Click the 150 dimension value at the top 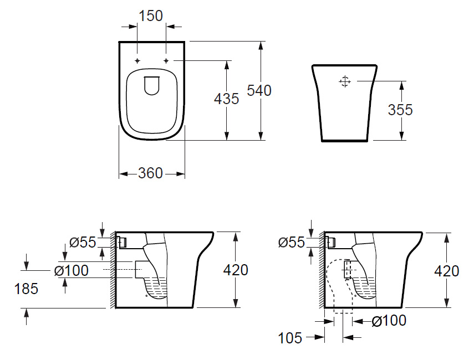(x=151, y=16)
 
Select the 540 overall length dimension (x=259, y=90)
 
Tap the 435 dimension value (x=226, y=99)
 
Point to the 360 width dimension (x=151, y=173)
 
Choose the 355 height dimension (x=400, y=110)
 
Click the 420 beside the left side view (x=236, y=270)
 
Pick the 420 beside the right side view (x=447, y=271)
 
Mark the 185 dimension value (x=26, y=289)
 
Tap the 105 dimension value (x=290, y=338)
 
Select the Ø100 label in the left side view (x=72, y=271)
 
